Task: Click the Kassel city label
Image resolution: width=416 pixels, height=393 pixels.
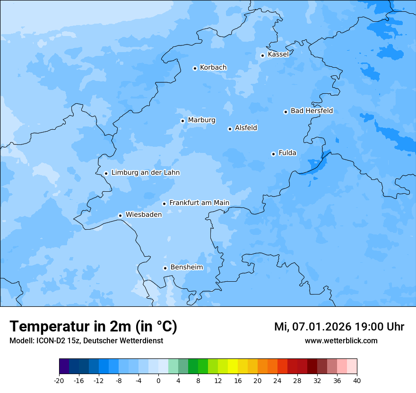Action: click(278, 54)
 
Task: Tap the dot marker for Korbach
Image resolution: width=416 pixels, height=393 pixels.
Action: click(195, 68)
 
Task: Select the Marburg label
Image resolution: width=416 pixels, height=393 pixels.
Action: click(201, 120)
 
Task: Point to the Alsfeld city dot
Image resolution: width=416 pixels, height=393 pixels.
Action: click(230, 129)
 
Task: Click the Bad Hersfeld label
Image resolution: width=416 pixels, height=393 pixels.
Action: click(312, 111)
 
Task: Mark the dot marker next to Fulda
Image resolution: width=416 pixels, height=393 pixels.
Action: click(273, 154)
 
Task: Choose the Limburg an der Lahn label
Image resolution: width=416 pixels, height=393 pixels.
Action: click(145, 173)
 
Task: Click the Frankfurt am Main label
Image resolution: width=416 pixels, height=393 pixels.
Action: click(199, 203)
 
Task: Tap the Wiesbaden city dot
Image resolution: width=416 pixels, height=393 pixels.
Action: click(120, 215)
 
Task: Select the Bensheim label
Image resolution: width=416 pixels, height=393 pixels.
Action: click(186, 267)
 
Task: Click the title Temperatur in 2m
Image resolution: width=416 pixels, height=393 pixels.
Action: click(93, 326)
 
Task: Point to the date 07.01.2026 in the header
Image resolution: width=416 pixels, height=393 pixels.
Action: click(322, 327)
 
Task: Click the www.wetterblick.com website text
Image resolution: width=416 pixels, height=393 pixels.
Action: click(341, 341)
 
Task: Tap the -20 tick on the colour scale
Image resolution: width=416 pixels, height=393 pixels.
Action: click(59, 381)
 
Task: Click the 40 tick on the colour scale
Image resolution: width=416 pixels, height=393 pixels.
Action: click(357, 381)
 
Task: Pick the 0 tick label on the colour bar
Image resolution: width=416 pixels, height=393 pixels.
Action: click(158, 381)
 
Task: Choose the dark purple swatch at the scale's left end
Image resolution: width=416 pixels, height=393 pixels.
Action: click(64, 367)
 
